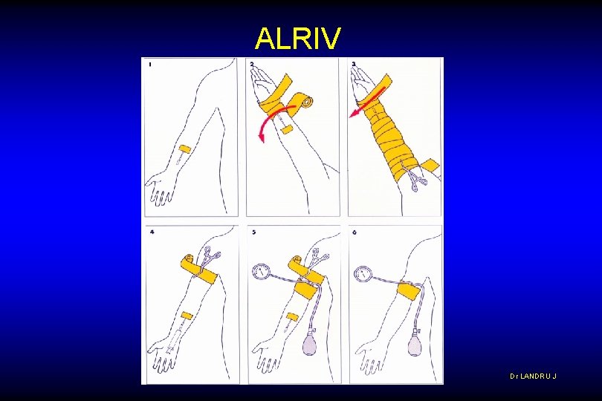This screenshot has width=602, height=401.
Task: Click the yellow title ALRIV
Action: [x=298, y=38]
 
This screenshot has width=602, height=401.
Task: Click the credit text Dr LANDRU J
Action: [x=533, y=376]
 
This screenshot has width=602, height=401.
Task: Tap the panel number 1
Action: [x=150, y=65]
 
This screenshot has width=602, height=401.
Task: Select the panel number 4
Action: [x=152, y=232]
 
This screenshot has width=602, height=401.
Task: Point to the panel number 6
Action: [x=355, y=232]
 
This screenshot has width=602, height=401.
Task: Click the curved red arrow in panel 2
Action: [x=269, y=121]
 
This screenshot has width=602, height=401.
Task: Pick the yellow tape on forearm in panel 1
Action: [x=187, y=149]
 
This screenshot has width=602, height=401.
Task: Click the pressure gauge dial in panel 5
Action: [x=261, y=271]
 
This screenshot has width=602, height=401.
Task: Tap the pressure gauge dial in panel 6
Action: [x=363, y=274]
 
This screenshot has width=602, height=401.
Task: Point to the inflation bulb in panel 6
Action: [x=414, y=345]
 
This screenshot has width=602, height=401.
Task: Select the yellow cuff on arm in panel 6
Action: [x=409, y=290]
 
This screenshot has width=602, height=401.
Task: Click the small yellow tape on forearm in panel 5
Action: [x=292, y=317]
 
